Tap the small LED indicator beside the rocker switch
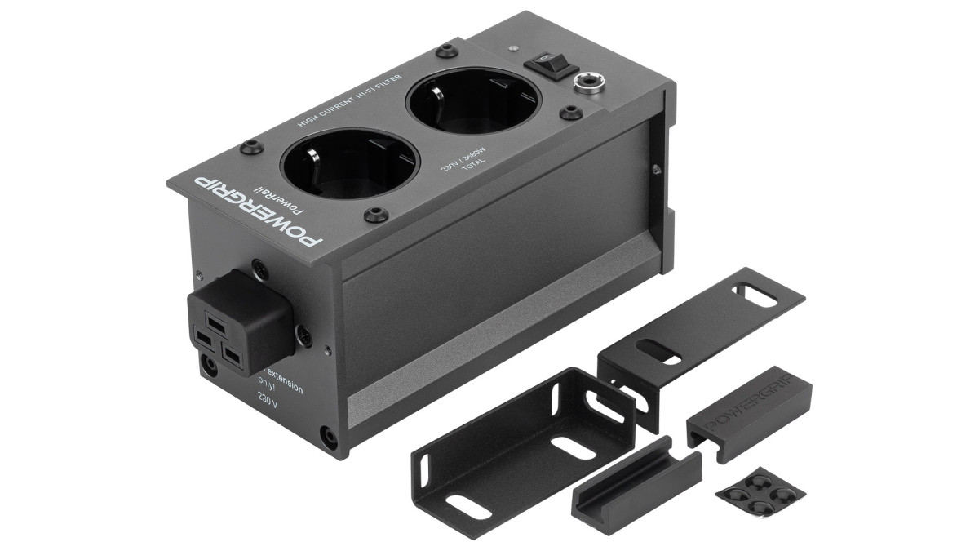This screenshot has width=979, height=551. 512,49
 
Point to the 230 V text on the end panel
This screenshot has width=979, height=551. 268,400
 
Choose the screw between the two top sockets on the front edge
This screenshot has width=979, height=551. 375,215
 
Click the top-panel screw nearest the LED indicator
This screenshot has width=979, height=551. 445,51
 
